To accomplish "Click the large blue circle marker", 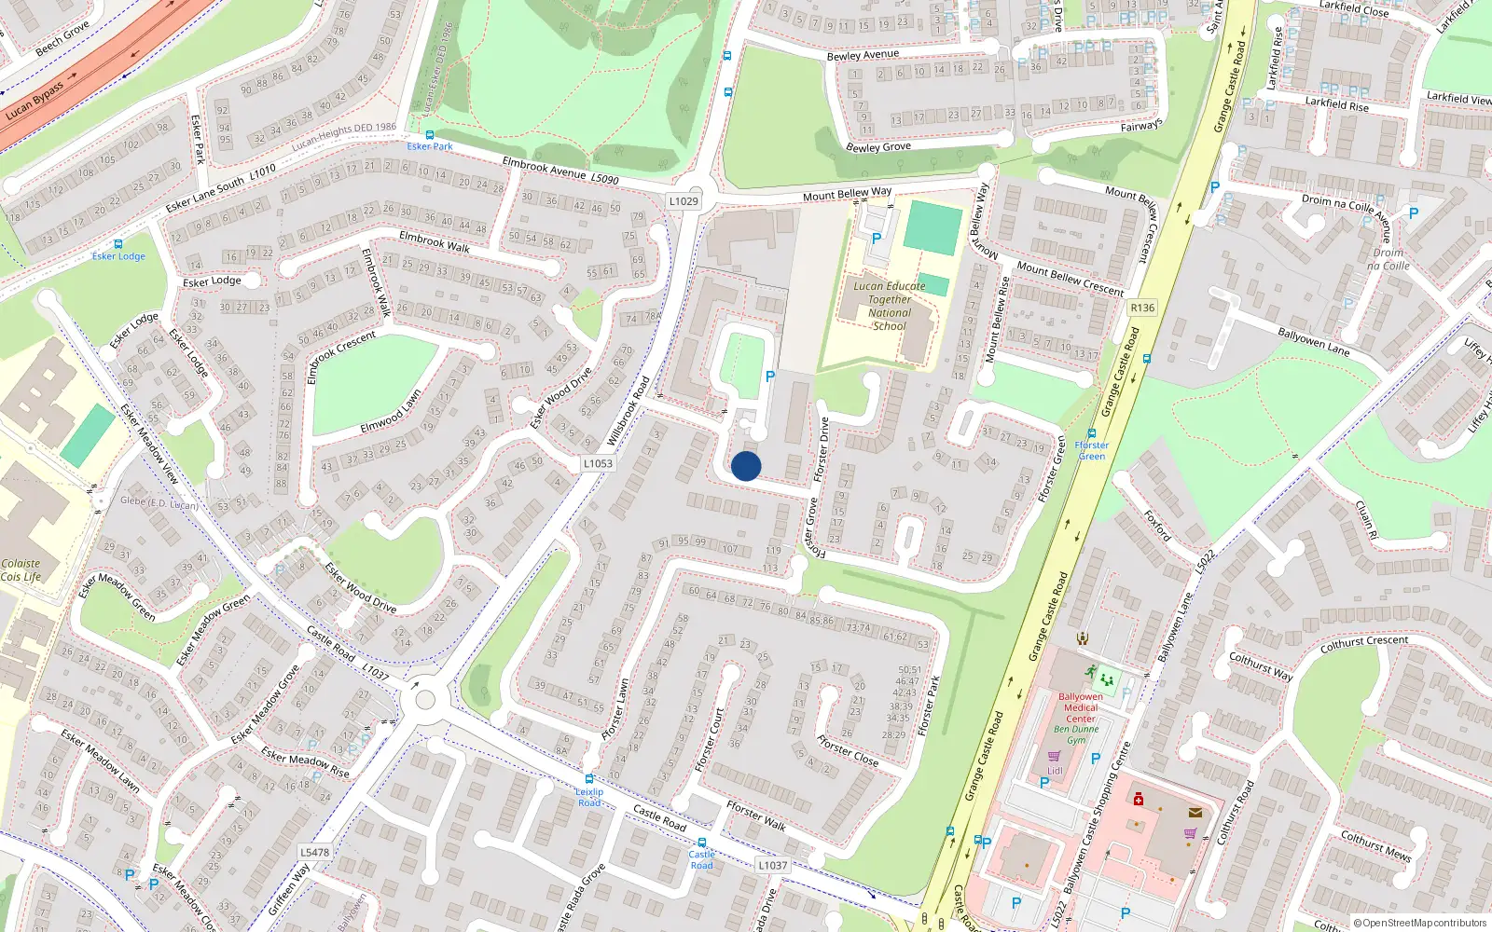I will pos(746,466).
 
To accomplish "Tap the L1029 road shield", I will pos(684,201).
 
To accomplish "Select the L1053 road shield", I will pos(598,463).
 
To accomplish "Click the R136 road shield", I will pos(1141,308).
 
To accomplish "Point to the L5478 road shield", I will pos(315,852).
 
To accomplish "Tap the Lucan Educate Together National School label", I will pos(889,306).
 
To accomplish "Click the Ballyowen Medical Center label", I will pos(1081,707).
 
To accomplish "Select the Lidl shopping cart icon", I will pos(1055,757).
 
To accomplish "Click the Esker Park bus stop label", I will pos(430,146).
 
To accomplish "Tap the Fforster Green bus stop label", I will pos(1092,450).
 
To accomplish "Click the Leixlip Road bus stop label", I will pos(589,797).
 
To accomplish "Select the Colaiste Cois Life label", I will pos(21,569).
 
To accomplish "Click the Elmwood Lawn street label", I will pos(391,412).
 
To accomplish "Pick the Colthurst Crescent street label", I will pos(1364,643).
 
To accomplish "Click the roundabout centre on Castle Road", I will pos(425,699).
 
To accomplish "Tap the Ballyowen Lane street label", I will pos(1175,628).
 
